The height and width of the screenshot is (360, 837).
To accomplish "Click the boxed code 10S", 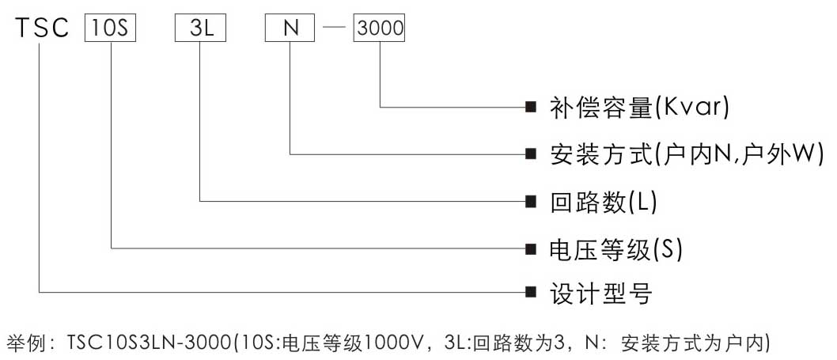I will tap(111, 28).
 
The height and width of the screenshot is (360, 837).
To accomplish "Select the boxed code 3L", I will tap(200, 28).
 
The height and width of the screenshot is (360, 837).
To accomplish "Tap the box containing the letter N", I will tap(290, 28).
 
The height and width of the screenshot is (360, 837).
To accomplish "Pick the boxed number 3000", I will tap(381, 28).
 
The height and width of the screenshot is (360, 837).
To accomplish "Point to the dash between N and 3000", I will tap(334, 29).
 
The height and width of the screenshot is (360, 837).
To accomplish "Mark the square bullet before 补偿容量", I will tap(531, 107).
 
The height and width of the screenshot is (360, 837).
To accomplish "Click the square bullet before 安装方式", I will tap(531, 153).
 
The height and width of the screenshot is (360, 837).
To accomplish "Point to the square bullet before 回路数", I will tap(531, 201).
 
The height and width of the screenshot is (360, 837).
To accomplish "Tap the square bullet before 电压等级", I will tap(531, 248).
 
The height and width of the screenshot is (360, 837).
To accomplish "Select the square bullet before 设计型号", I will tap(531, 293).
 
